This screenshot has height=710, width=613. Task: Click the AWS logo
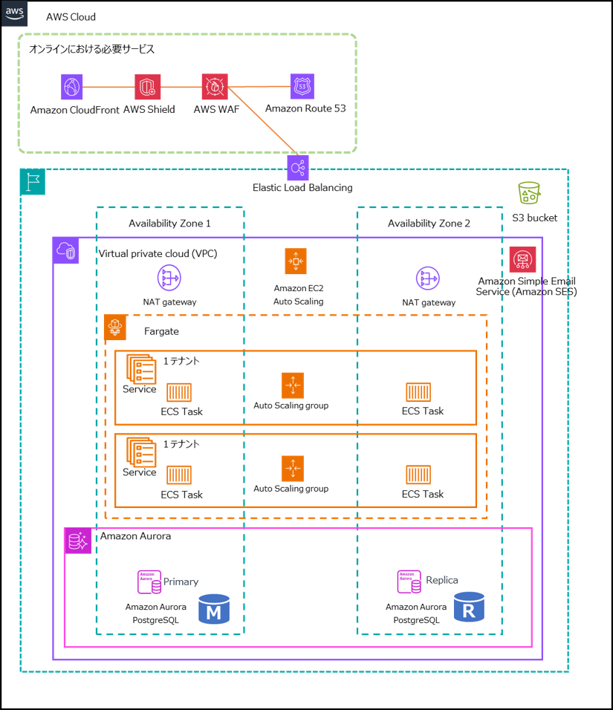point(15,13)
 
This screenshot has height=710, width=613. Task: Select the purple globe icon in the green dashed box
point(72,87)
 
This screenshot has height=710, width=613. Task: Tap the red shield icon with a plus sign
point(148,87)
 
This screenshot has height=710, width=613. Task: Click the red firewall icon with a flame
point(215,87)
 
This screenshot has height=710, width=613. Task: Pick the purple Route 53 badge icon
point(302,87)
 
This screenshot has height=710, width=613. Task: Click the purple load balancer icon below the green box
point(298,168)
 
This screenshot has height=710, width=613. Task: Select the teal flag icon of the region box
point(33,182)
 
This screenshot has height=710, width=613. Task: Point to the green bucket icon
point(529,193)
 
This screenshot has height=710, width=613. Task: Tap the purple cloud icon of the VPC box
point(65,250)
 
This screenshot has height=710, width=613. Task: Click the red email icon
point(522,259)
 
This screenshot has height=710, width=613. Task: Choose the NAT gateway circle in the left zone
point(169,278)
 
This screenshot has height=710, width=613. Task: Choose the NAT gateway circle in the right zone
point(427,279)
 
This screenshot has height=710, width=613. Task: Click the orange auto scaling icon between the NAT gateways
point(296,261)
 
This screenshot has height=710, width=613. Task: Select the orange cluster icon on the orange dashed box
point(115,328)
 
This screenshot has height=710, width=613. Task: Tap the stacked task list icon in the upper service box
point(141,369)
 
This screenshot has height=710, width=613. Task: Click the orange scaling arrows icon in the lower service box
point(293,469)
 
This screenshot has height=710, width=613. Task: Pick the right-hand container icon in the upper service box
point(418,392)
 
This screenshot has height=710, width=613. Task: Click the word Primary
point(181,582)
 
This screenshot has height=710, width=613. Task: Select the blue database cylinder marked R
point(469,607)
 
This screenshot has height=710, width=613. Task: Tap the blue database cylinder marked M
point(214,609)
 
